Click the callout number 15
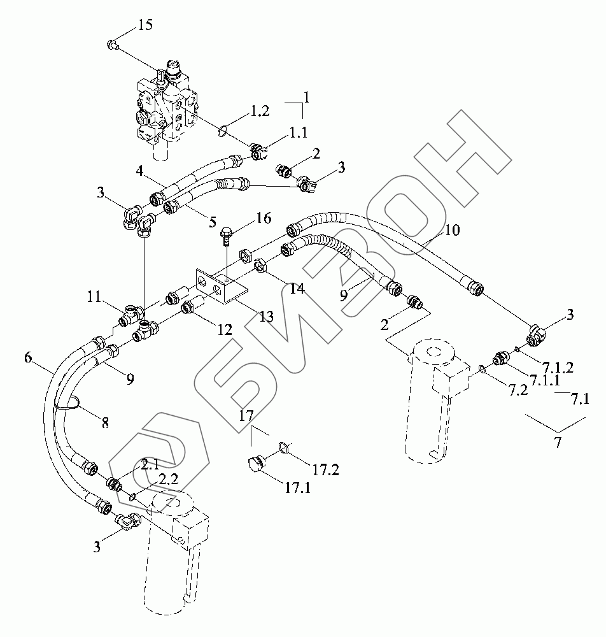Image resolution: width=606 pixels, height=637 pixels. point(144,25)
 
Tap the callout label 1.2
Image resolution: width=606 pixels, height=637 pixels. point(260,111)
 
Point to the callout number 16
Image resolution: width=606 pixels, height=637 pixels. point(262,220)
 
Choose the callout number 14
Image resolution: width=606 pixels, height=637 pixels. point(297,289)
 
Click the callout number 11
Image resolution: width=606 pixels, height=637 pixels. point(95,296)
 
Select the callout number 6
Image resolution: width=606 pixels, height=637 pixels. point(28,358)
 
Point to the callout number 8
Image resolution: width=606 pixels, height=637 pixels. point(104,421)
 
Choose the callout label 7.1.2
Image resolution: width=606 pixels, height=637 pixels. point(559,368)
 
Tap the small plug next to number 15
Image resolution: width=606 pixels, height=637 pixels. point(113,45)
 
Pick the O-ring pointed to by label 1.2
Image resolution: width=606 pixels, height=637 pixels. point(223,131)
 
